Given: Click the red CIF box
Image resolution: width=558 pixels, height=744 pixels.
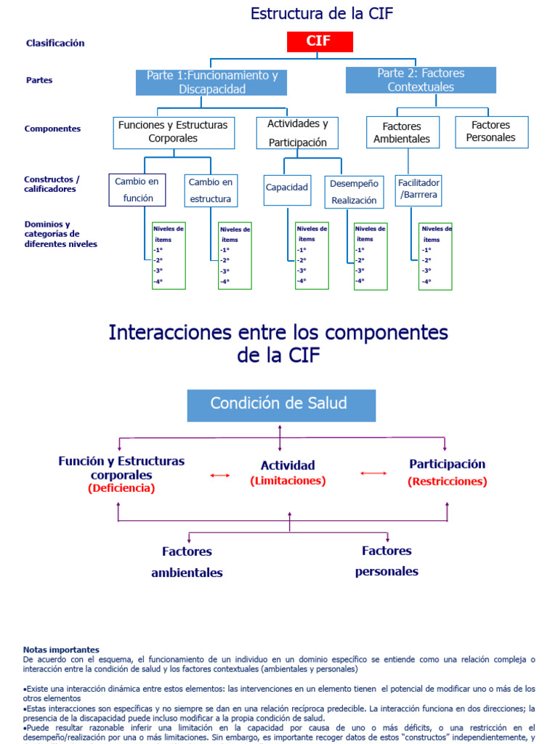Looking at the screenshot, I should point(319,41).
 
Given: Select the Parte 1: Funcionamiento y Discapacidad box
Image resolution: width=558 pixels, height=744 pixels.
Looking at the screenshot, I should point(212,82).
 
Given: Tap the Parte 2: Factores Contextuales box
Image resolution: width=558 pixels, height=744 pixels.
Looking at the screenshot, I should point(421,80).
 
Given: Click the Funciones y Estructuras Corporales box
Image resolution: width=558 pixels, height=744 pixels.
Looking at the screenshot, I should point(173,132).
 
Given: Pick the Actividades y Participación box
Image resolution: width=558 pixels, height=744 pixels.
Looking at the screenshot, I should point(297,133).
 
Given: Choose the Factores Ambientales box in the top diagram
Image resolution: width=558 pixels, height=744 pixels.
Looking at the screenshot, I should point(402,132).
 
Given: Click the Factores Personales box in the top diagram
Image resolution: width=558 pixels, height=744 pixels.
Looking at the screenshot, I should point(491,132).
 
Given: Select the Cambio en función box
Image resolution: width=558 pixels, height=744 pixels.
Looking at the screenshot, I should point(137,190).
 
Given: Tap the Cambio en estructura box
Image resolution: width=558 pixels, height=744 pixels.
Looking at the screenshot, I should point(211,190).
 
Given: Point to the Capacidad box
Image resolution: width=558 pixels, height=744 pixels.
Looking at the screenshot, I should point(287,187).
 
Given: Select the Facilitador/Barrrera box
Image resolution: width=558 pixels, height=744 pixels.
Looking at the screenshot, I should point(418,189).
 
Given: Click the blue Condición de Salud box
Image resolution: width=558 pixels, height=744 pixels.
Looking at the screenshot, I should point(281,405).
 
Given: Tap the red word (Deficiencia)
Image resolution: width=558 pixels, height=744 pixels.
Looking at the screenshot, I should point(121,489).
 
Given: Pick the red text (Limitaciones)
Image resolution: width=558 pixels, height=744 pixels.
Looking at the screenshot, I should point(288,481).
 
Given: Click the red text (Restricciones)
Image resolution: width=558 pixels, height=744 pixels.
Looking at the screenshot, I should point(448,482).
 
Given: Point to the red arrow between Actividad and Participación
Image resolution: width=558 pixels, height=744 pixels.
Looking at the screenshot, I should point(373,474).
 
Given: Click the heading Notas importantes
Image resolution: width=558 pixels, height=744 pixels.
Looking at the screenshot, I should point(61,650).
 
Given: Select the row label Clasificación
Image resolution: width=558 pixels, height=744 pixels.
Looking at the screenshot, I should point(55,43).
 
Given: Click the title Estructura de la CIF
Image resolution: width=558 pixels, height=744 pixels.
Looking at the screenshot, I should point(322,13).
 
